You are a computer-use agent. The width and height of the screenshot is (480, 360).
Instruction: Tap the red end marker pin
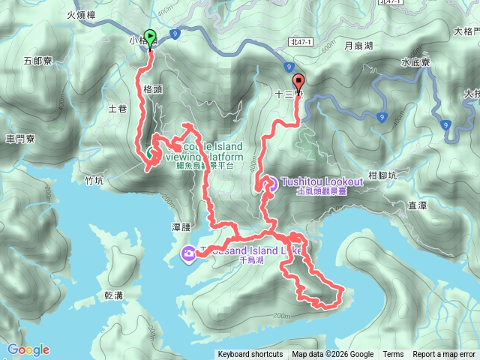coord(298,82)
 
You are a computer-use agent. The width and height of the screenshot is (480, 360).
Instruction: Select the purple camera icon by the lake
coord(187,255)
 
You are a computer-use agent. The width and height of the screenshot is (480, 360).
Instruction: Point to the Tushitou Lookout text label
coord(322,181)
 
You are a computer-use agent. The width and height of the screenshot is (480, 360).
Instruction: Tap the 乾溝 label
coord(114,295)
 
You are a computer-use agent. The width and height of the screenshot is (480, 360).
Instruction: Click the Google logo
coord(28,349)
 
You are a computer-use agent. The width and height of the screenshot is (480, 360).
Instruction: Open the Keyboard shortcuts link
coord(250,355)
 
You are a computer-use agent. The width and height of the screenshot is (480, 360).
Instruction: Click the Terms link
coord(393,355)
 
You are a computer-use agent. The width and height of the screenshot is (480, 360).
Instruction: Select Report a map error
coord(445,355)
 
